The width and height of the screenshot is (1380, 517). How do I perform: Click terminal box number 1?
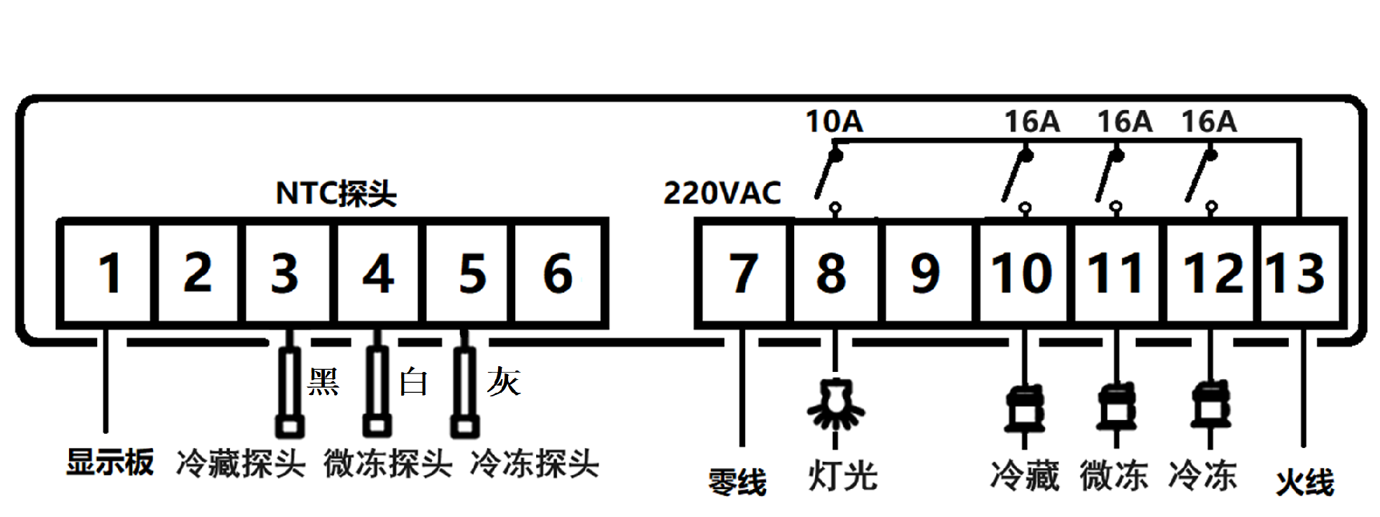coord(106,274)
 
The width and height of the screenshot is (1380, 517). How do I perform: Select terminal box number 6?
coord(558,274)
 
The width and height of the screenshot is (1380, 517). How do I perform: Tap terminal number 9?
coord(925,274)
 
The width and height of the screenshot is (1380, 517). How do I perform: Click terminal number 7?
coord(743,274)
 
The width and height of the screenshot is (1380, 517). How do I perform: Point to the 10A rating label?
coord(834,121)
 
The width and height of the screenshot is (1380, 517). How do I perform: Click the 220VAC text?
coord(722,193)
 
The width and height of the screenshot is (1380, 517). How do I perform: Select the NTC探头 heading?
coord(336,193)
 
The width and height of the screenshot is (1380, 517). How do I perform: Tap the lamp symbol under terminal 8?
coord(835,404)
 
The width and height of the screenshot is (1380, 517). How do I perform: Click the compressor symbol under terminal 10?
coord(1025,408)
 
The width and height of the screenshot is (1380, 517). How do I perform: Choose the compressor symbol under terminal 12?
coord(1210,406)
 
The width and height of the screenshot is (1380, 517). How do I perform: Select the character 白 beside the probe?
coord(413,382)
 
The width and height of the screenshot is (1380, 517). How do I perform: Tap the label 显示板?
coord(110,462)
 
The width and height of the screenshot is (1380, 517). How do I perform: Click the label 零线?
coord(737,482)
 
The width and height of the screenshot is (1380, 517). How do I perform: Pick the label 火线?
coord(1305,482)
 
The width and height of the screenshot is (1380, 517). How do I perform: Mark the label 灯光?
coord(842,476)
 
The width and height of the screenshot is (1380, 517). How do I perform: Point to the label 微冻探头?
coord(387,464)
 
